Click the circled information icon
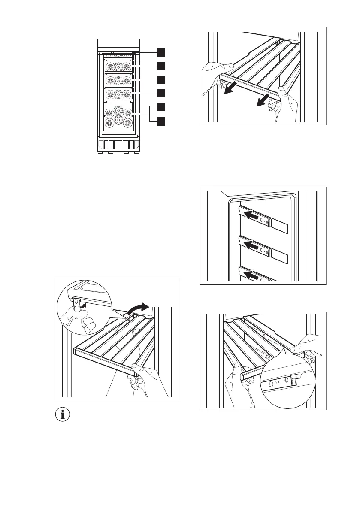[64, 415]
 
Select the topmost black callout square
[160, 52]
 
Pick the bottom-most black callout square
[160, 121]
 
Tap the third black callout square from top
[160, 80]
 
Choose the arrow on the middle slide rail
[251, 246]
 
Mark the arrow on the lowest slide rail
[250, 276]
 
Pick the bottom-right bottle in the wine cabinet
[127, 123]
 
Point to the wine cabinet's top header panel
[119, 44]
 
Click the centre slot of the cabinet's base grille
[119, 145]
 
